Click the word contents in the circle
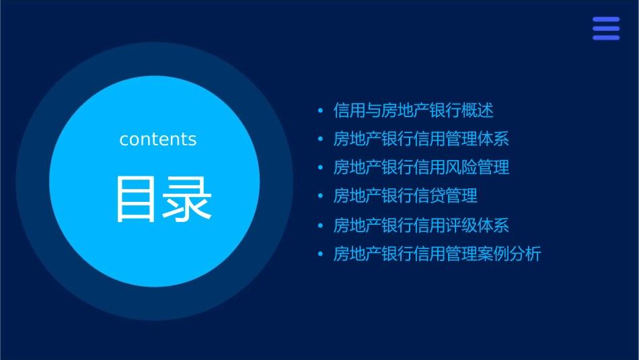pos(158,139)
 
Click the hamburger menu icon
pos(606,28)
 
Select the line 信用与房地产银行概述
pos(414,110)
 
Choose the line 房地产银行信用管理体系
pos(421,139)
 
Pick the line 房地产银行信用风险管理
pos(421,168)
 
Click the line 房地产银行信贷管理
pos(406,196)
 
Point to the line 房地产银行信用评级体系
pos(421,225)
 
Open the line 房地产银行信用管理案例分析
pos(437,254)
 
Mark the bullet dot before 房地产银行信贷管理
pos(320,196)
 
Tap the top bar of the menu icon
pos(606,20)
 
